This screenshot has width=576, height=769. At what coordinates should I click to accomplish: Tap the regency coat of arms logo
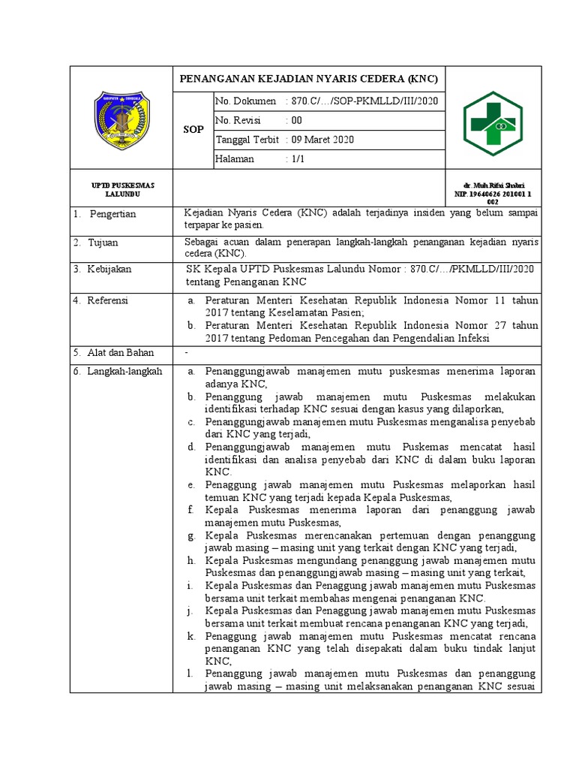coord(121,120)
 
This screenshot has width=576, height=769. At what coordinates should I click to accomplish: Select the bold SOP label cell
coord(193,130)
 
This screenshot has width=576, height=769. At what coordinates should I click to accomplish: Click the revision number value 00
coord(296,120)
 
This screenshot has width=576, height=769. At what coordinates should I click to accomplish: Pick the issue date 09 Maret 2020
coord(322,140)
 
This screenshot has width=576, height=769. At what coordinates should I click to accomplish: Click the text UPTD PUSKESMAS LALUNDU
coord(121,189)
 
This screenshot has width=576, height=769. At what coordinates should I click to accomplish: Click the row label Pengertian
coord(112,214)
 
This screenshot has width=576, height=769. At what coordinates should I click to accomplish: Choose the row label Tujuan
coord(103,243)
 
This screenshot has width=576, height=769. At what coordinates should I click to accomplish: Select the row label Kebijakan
coord(109,268)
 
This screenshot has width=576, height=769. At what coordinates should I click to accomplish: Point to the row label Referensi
coord(108,300)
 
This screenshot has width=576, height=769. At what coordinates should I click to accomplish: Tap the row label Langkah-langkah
coord(124,371)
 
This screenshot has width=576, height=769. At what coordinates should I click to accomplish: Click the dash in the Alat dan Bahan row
coord(187,351)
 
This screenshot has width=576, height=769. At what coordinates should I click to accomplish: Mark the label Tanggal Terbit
coord(247,140)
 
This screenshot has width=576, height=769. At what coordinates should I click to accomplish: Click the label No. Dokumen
coord(246,101)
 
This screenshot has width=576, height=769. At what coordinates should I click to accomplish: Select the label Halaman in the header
coord(235,159)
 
